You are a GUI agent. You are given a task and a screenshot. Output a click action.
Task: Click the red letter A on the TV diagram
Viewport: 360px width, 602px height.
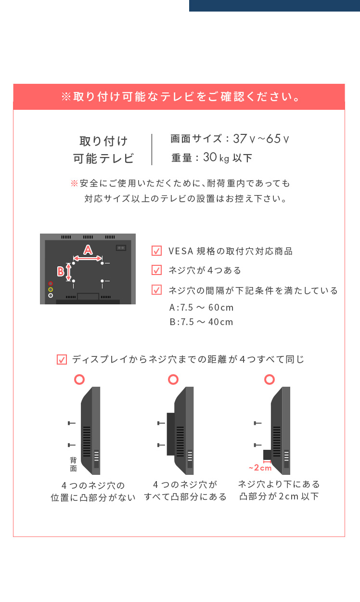pyautogui.click(x=88, y=249)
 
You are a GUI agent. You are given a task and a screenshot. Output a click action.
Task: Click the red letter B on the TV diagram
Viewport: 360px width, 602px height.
pyautogui.click(x=61, y=271)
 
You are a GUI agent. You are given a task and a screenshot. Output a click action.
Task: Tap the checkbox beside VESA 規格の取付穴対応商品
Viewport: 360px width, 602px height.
pyautogui.click(x=156, y=250)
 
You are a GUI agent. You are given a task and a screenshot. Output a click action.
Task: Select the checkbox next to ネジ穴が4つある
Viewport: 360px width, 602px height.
pyautogui.click(x=156, y=270)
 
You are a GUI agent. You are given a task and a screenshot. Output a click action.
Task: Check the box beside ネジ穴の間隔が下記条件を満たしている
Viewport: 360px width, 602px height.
pyautogui.click(x=156, y=290)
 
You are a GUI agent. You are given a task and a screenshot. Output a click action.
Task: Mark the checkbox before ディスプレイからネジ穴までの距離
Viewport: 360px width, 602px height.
pyautogui.click(x=62, y=359)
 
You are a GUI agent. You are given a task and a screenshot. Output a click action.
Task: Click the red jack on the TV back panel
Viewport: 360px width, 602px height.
pyautogui.click(x=51, y=284)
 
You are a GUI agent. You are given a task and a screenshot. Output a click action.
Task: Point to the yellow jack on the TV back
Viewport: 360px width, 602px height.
pyautogui.click(x=51, y=289)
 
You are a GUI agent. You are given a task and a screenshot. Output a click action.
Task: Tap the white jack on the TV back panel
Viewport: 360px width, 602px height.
pyautogui.click(x=51, y=295)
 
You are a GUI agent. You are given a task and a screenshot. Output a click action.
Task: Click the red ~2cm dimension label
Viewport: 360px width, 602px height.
pyautogui.click(x=260, y=468)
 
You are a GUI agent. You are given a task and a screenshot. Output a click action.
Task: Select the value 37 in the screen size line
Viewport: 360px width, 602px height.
pyautogui.click(x=240, y=139)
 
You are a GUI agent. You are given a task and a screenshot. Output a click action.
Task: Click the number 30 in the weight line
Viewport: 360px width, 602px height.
pyautogui.click(x=210, y=157)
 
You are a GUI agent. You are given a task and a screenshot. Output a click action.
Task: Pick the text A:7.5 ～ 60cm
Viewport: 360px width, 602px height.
pyautogui.click(x=201, y=307)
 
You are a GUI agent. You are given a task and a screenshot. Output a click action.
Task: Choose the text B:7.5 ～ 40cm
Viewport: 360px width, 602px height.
pyautogui.click(x=201, y=322)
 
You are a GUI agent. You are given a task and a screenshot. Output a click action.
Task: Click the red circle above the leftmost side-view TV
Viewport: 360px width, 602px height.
pyautogui.click(x=79, y=380)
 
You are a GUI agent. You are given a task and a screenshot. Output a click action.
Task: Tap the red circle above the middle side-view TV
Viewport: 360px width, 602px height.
pyautogui.click(x=173, y=380)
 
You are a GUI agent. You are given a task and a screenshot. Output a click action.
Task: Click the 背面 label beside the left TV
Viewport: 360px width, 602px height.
pyautogui.click(x=73, y=464)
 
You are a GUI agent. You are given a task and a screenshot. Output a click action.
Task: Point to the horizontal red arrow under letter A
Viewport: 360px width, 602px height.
pyautogui.click(x=88, y=259)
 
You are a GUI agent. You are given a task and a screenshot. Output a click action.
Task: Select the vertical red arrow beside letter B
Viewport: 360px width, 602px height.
pyautogui.click(x=68, y=272)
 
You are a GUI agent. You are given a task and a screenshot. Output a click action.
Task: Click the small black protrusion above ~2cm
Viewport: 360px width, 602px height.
pyautogui.click(x=267, y=455)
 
